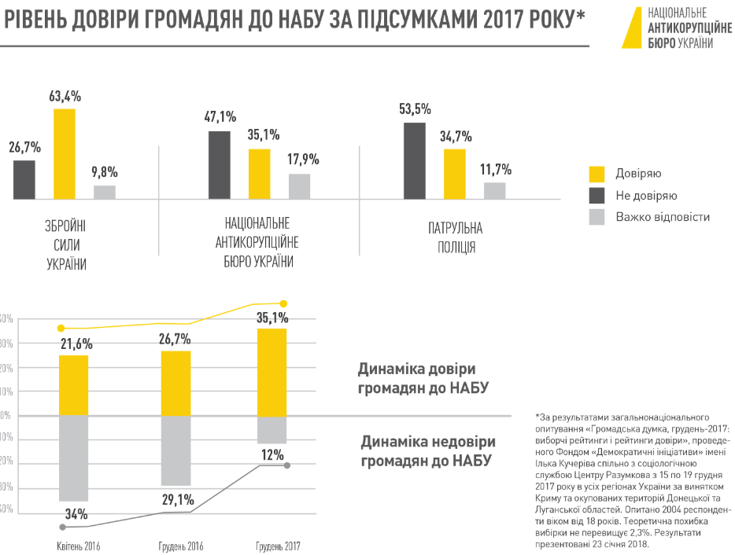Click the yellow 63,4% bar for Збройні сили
point(65,153)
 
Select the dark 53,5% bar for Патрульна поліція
point(415,160)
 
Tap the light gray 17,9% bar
point(300,186)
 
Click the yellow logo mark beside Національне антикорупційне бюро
point(630,28)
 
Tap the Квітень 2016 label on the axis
point(79,546)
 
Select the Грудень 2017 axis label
point(278,546)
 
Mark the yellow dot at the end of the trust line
point(284,303)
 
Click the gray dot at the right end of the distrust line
point(287,466)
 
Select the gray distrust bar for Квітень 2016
point(73,458)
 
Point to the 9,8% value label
point(104,171)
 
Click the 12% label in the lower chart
point(272,454)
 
